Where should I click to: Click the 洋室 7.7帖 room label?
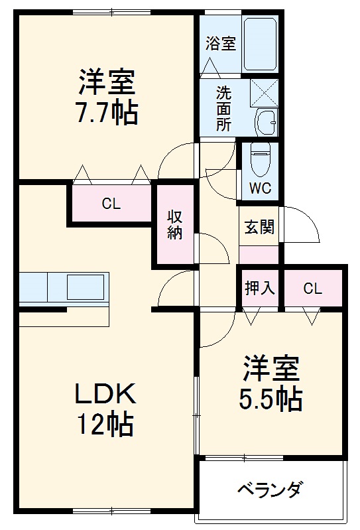pos(108,98)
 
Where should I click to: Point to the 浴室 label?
pos(220,44)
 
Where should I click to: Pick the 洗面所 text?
pos(224,107)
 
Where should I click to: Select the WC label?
pos(259,188)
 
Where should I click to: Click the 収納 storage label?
pos(175,226)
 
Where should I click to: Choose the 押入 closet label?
pos(259,289)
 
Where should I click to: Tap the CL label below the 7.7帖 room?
pos(111,204)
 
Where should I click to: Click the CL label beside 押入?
pos(313,289)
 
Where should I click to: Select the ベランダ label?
pos(270,491)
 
